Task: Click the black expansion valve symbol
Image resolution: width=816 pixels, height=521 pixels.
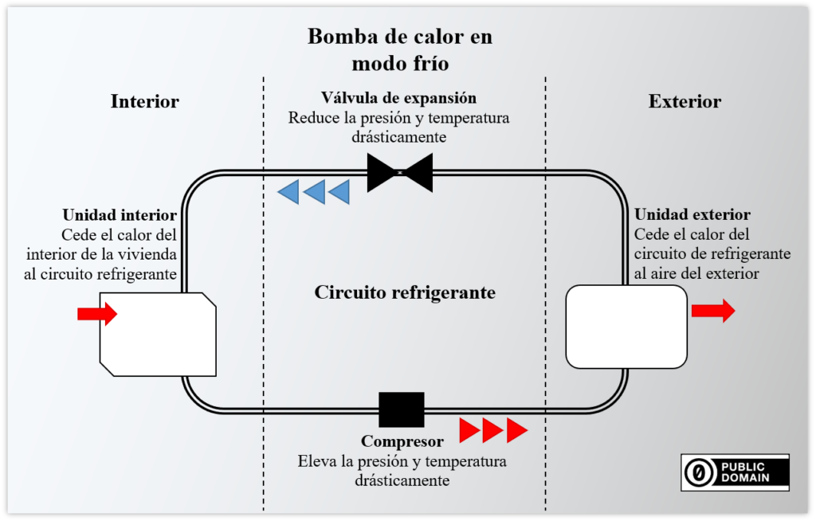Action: click(400, 172)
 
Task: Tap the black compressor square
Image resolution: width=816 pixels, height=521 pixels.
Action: click(402, 409)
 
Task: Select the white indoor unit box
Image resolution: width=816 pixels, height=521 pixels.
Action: click(158, 334)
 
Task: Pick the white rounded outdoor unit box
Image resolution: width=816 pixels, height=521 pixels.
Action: click(626, 327)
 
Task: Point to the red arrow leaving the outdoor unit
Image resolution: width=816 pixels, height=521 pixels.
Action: click(712, 311)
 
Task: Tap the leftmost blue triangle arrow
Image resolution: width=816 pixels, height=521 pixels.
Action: click(288, 191)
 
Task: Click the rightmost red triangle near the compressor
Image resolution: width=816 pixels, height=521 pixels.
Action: click(516, 430)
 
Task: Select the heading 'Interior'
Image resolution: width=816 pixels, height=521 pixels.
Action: click(145, 101)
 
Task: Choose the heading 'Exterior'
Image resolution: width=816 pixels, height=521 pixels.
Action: click(685, 101)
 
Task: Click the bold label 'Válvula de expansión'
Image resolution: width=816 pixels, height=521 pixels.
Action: click(398, 98)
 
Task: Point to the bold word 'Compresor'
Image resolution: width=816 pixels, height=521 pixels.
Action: click(402, 441)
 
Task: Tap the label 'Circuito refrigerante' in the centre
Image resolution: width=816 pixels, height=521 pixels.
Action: click(405, 292)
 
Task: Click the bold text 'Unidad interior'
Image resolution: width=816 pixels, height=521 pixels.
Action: click(120, 215)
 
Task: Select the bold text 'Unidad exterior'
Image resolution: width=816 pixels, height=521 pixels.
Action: click(692, 215)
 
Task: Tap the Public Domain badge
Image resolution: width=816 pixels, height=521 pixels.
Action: click(735, 472)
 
